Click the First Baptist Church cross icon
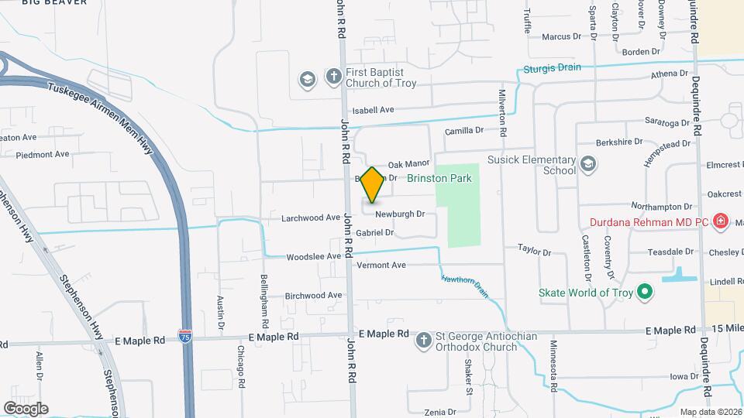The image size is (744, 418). tap(333, 77)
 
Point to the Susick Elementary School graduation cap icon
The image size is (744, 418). tap(587, 164)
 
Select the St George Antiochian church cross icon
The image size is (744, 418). tap(424, 341)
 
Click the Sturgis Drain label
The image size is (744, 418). tap(551, 67)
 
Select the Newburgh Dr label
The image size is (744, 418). tap(400, 214)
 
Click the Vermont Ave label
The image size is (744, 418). tap(381, 265)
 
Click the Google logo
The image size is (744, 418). tap(26, 409)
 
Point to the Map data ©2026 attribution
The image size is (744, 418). tap(710, 412)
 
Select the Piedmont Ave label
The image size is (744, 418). tap(43, 154)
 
